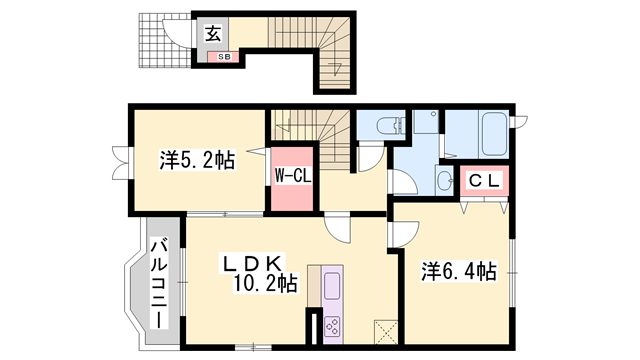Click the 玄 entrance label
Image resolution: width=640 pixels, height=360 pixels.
point(213,33)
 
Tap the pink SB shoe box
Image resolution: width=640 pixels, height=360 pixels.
point(223,57)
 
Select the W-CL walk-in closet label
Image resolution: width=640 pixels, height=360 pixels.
point(293,176)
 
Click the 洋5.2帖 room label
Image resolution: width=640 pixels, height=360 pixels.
point(197,160)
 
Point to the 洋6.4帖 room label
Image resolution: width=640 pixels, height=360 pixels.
point(459,271)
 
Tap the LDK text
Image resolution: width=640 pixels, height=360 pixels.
point(252,263)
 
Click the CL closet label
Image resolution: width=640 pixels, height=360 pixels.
point(484,181)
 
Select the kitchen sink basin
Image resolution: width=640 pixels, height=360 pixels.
point(332,286)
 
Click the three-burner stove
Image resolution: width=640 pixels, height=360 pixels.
point(332,327)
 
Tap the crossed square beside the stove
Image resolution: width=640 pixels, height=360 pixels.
point(386,332)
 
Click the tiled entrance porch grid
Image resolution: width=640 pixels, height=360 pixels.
point(164,41)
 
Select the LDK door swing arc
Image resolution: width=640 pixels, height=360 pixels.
point(337,229)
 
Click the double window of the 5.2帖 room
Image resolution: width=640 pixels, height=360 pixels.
point(122,163)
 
